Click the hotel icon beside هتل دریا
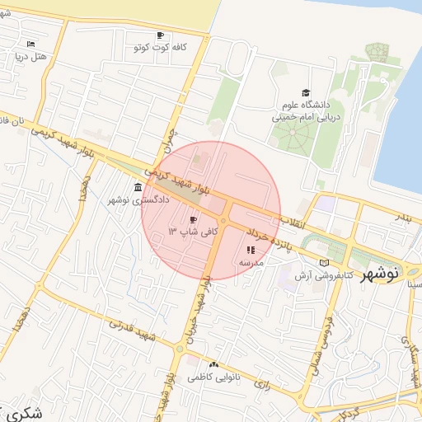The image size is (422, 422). [31, 44]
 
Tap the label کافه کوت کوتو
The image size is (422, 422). [162, 48]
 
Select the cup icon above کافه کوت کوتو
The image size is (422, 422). [160, 35]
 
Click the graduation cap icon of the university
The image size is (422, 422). [306, 92]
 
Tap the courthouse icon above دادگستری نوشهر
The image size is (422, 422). [137, 188]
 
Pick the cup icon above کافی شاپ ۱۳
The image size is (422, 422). [193, 220]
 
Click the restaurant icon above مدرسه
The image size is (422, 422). [251, 250]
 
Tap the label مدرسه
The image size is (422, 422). [251, 262]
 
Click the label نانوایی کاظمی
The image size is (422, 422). [205, 377]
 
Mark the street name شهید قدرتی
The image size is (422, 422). [125, 326]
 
